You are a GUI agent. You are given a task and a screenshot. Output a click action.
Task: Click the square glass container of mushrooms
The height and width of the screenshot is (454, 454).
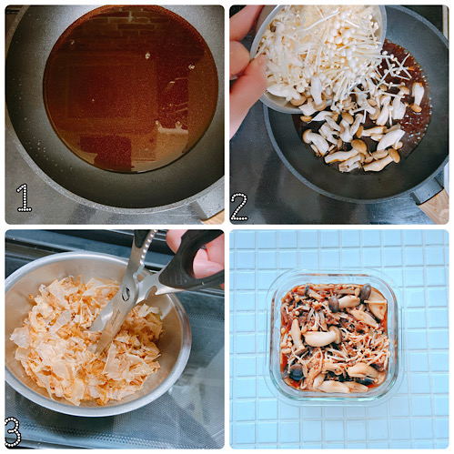coord(334,336)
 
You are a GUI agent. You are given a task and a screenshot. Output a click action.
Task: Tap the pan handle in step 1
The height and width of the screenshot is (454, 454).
coord(211,196)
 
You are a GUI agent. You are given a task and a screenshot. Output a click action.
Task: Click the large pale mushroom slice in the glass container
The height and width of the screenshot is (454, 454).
coord(321,338)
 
